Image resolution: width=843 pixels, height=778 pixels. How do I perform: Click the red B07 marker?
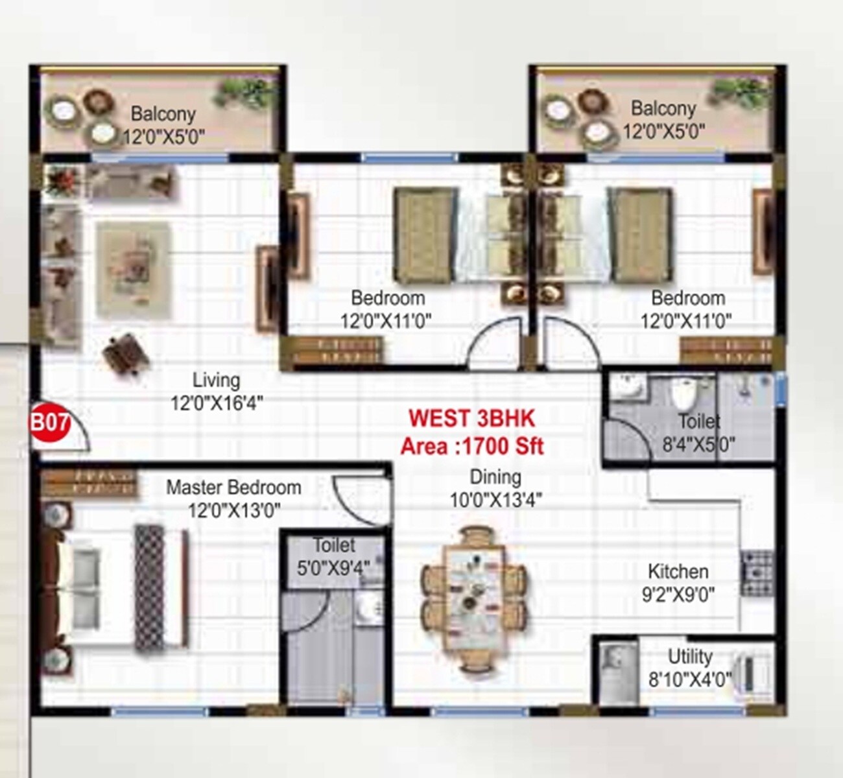[x=50, y=424]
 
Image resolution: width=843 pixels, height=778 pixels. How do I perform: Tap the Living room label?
[x=216, y=380]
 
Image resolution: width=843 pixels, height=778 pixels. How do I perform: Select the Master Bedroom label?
[x=233, y=488]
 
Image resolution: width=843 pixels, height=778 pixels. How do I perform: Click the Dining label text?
[x=495, y=478]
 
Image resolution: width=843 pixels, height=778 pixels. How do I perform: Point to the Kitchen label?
[x=678, y=572]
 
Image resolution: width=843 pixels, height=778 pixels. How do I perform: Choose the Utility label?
[x=690, y=657]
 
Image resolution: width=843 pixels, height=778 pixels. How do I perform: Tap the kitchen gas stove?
[x=757, y=573]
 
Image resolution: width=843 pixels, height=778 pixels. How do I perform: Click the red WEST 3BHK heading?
[x=471, y=419]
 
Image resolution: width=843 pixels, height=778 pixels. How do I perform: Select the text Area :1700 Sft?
[x=471, y=447]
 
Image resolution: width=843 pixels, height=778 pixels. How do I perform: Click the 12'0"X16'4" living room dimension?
[x=217, y=403]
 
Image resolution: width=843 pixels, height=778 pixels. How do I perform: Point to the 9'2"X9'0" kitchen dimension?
[x=678, y=595]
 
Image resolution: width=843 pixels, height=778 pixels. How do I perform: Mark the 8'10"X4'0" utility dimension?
[x=690, y=679]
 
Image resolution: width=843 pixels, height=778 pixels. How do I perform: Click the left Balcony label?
[x=163, y=114]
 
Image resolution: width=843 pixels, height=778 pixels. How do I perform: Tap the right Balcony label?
[x=663, y=108]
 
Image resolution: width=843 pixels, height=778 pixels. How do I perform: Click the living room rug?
[x=134, y=269]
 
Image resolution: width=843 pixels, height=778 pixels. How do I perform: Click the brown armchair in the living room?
[x=126, y=354]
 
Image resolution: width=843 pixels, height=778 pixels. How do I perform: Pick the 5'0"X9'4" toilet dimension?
[x=333, y=568]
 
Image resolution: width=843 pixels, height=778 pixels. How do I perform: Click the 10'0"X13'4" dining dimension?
[x=496, y=501]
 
